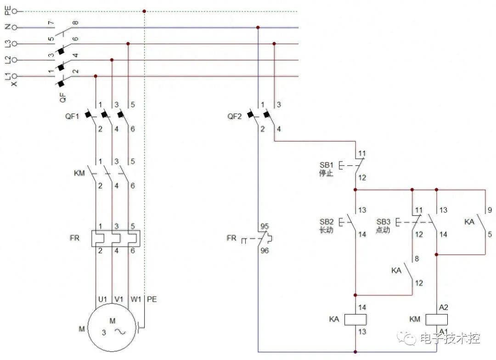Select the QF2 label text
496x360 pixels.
(234, 117)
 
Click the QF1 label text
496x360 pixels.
(72, 117)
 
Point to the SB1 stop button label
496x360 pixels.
(327, 165)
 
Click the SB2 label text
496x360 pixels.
(327, 222)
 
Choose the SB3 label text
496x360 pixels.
(383, 222)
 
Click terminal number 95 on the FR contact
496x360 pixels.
(265, 226)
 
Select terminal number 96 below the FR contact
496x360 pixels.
(265, 251)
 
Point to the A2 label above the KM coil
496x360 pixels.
(444, 307)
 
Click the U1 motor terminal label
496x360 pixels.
(103, 299)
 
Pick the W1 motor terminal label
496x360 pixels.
(135, 299)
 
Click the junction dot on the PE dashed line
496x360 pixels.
(144, 11)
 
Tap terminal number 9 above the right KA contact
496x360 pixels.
(490, 210)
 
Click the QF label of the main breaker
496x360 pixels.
(63, 97)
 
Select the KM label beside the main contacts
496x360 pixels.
(79, 173)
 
